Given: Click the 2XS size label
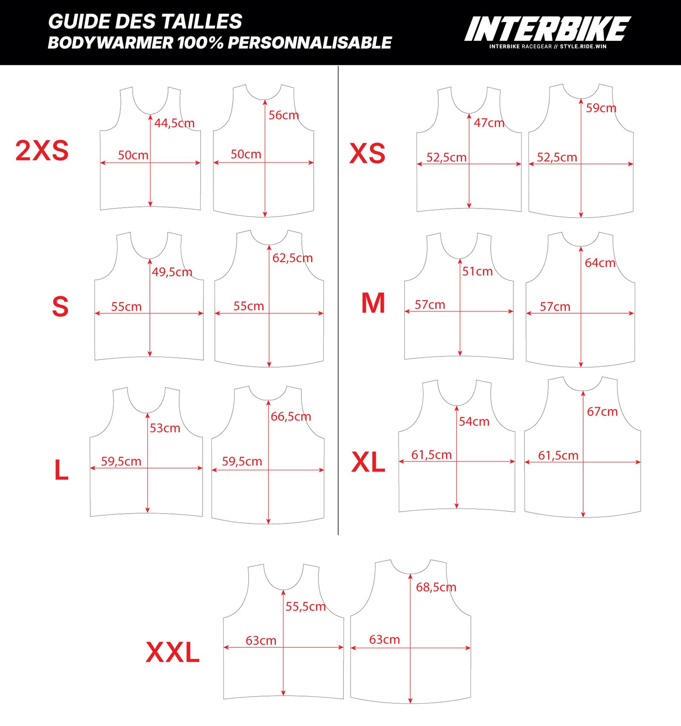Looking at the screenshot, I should [42, 151].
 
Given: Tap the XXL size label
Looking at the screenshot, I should [172, 652].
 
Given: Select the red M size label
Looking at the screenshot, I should [373, 303].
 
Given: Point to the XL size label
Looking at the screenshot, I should [368, 462].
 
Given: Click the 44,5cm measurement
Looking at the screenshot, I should [174, 123].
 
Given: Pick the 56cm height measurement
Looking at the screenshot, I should [283, 115].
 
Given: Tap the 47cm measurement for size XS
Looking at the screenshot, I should [489, 123].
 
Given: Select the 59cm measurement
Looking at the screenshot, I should [601, 108].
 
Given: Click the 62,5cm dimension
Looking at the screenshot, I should [292, 258].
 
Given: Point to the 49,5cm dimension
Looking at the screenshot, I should [172, 272].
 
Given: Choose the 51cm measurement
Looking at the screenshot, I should [478, 271].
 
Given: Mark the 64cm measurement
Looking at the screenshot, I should [600, 263].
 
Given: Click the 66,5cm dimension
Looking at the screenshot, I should [291, 416].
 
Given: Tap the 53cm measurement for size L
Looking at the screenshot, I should [165, 428].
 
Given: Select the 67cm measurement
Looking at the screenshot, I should [602, 412].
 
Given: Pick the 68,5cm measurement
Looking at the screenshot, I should [436, 587].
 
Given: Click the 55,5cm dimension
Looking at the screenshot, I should [305, 606].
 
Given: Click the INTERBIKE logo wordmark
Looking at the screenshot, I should [547, 29].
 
